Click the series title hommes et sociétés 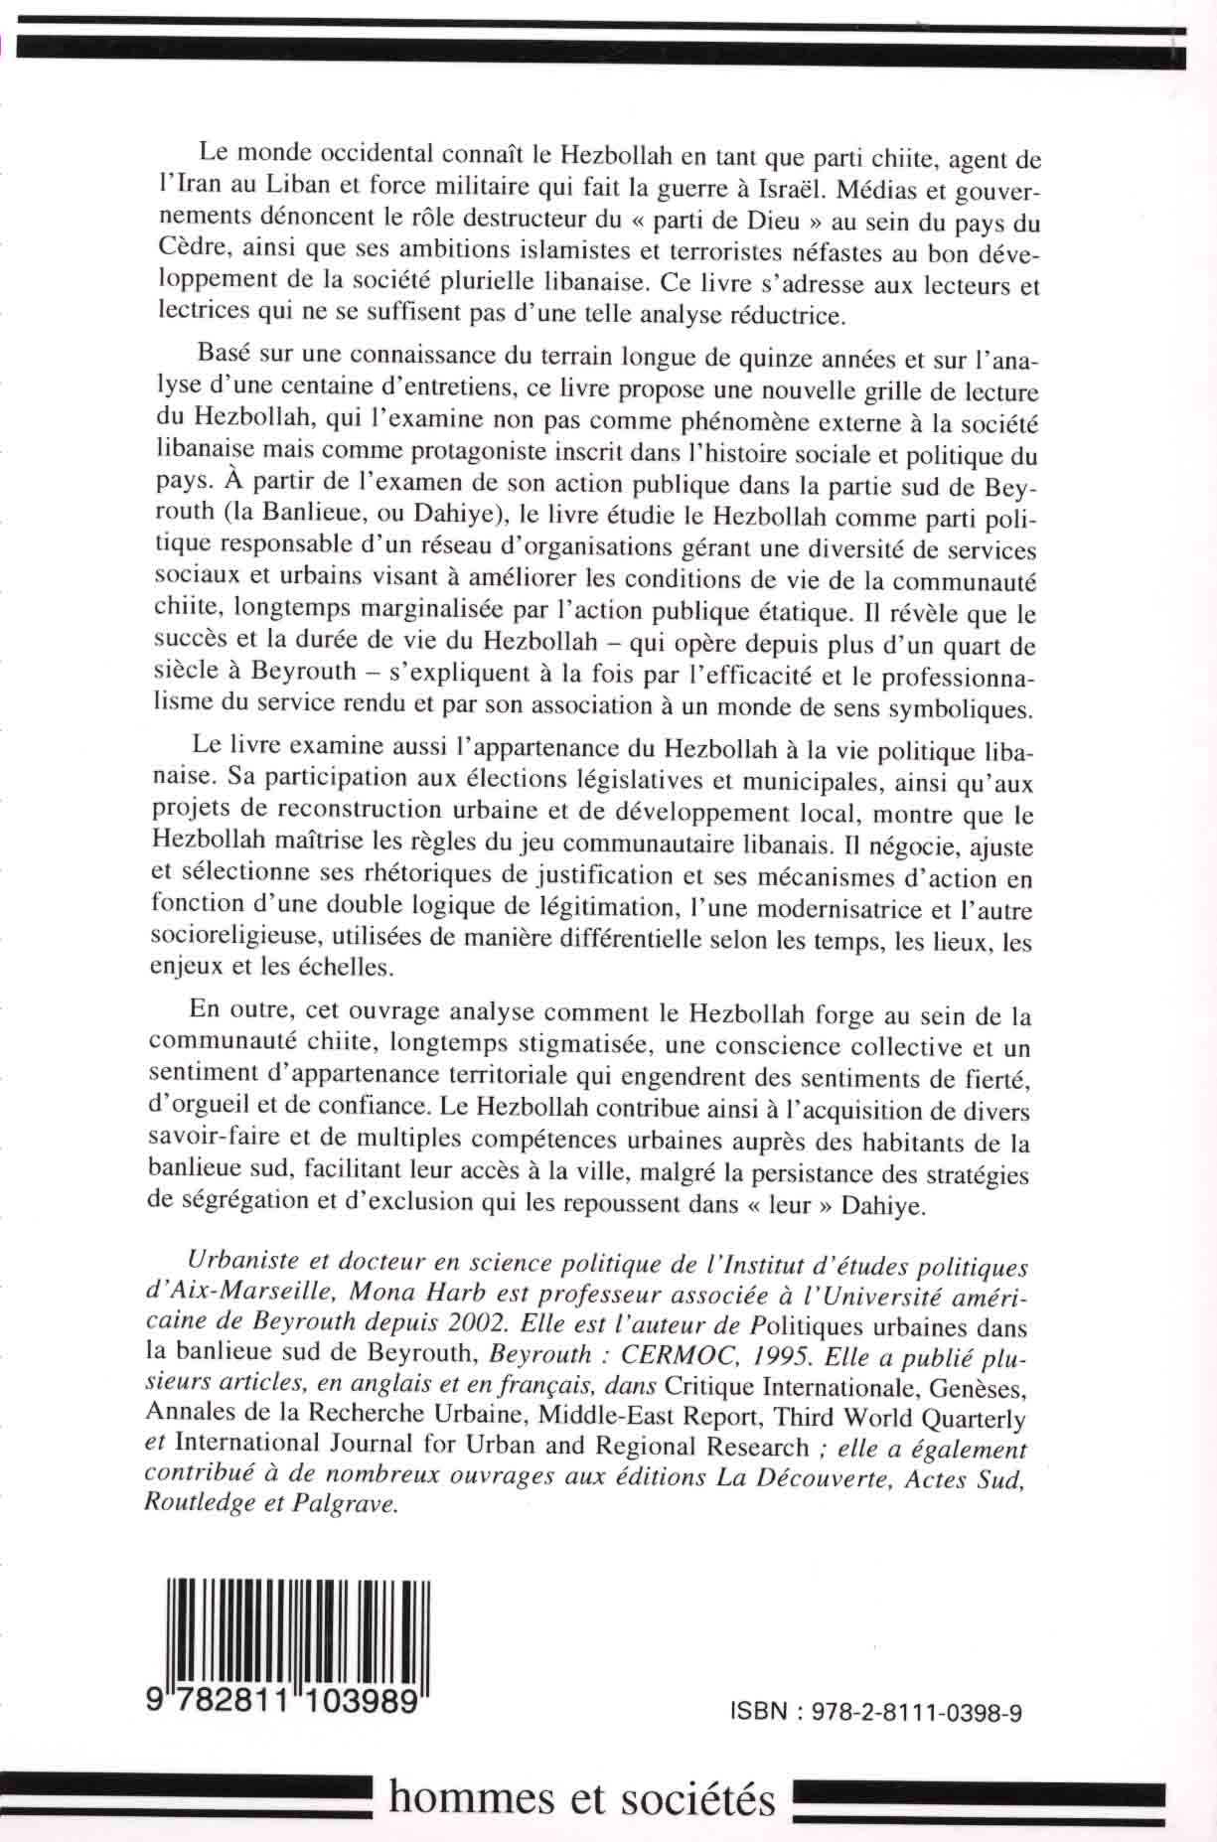point(581,1797)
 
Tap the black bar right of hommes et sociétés point(979,1797)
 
